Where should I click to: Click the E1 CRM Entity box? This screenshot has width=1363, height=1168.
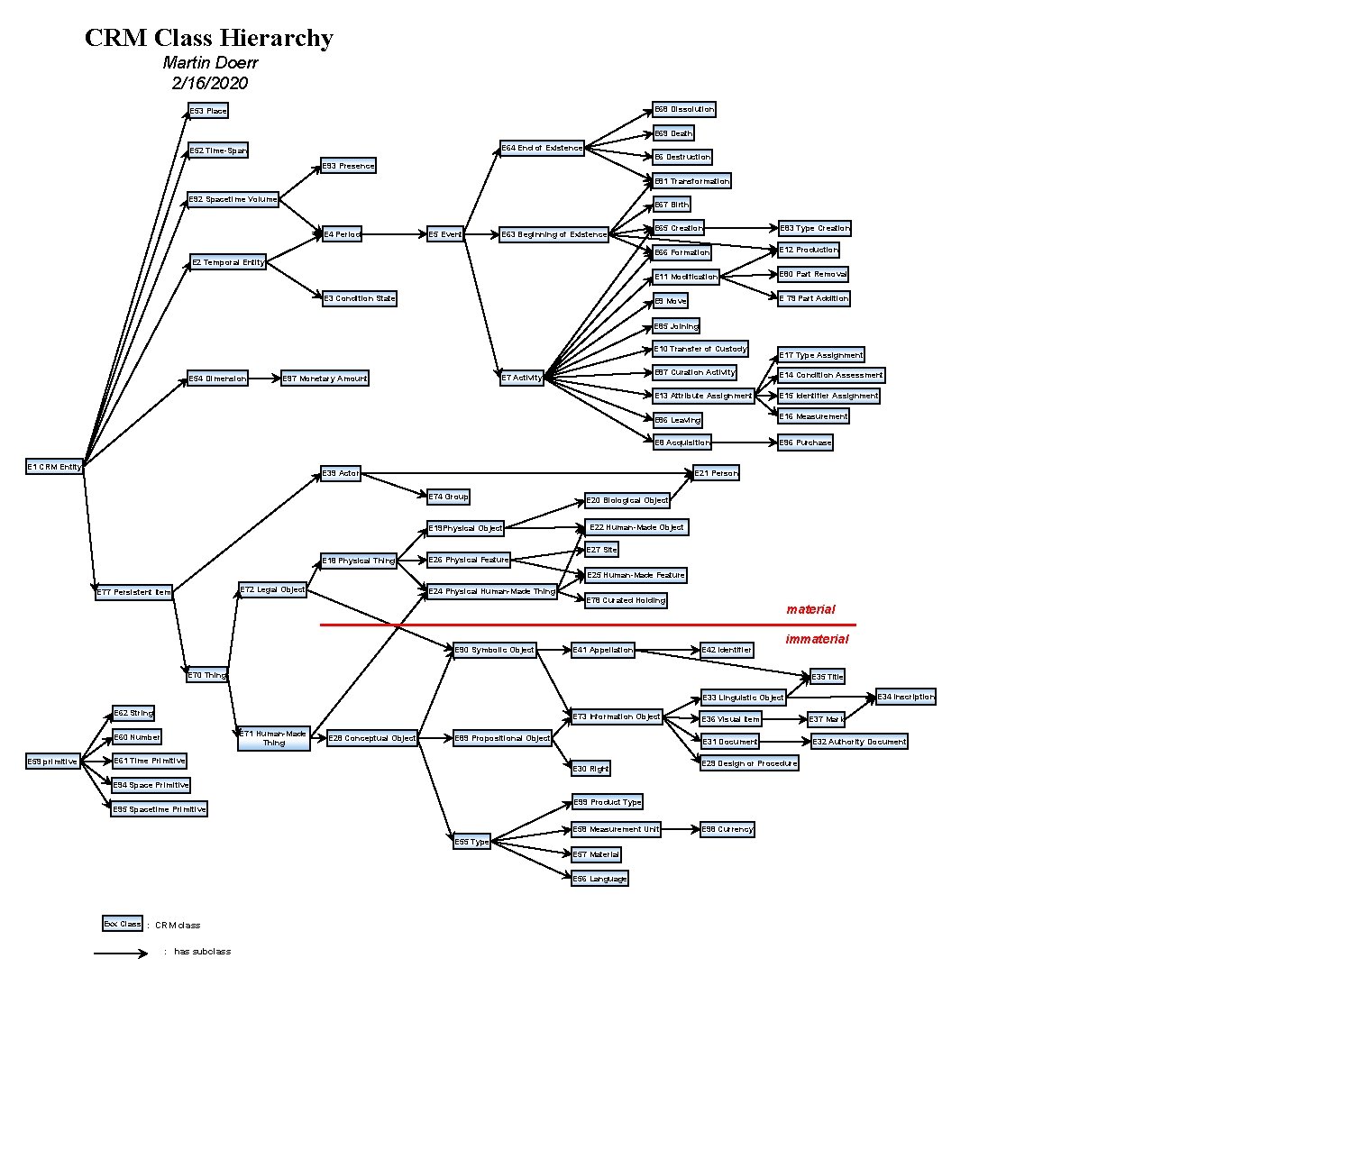tap(54, 467)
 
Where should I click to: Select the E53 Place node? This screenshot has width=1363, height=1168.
tap(208, 111)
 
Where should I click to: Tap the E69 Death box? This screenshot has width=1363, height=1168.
tap(673, 133)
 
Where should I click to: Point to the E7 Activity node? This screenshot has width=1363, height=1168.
tap(522, 378)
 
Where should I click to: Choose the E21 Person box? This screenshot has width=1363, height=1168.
tap(716, 473)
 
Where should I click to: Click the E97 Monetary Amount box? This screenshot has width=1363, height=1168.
tap(325, 379)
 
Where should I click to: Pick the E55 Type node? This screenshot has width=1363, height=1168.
tap(471, 842)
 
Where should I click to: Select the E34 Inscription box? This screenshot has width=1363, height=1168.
tap(906, 697)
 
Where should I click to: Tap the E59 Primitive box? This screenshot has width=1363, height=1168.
tap(52, 762)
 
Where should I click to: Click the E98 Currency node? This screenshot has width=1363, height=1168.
tap(727, 829)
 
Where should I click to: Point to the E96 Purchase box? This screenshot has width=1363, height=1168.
tap(805, 443)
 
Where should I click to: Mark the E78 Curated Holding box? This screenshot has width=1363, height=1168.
tap(626, 600)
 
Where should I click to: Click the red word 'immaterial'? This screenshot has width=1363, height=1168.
tap(817, 639)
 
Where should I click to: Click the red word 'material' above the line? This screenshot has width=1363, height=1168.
tap(810, 609)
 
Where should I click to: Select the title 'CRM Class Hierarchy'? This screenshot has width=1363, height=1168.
tap(209, 38)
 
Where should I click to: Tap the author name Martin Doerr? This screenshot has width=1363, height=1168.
tap(210, 62)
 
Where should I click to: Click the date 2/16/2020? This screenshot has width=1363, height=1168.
tap(209, 83)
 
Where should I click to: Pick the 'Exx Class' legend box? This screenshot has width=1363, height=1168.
tap(123, 924)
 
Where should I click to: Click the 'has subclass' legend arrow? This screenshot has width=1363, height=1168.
tap(121, 954)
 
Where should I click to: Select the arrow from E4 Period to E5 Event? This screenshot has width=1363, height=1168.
tap(394, 234)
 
